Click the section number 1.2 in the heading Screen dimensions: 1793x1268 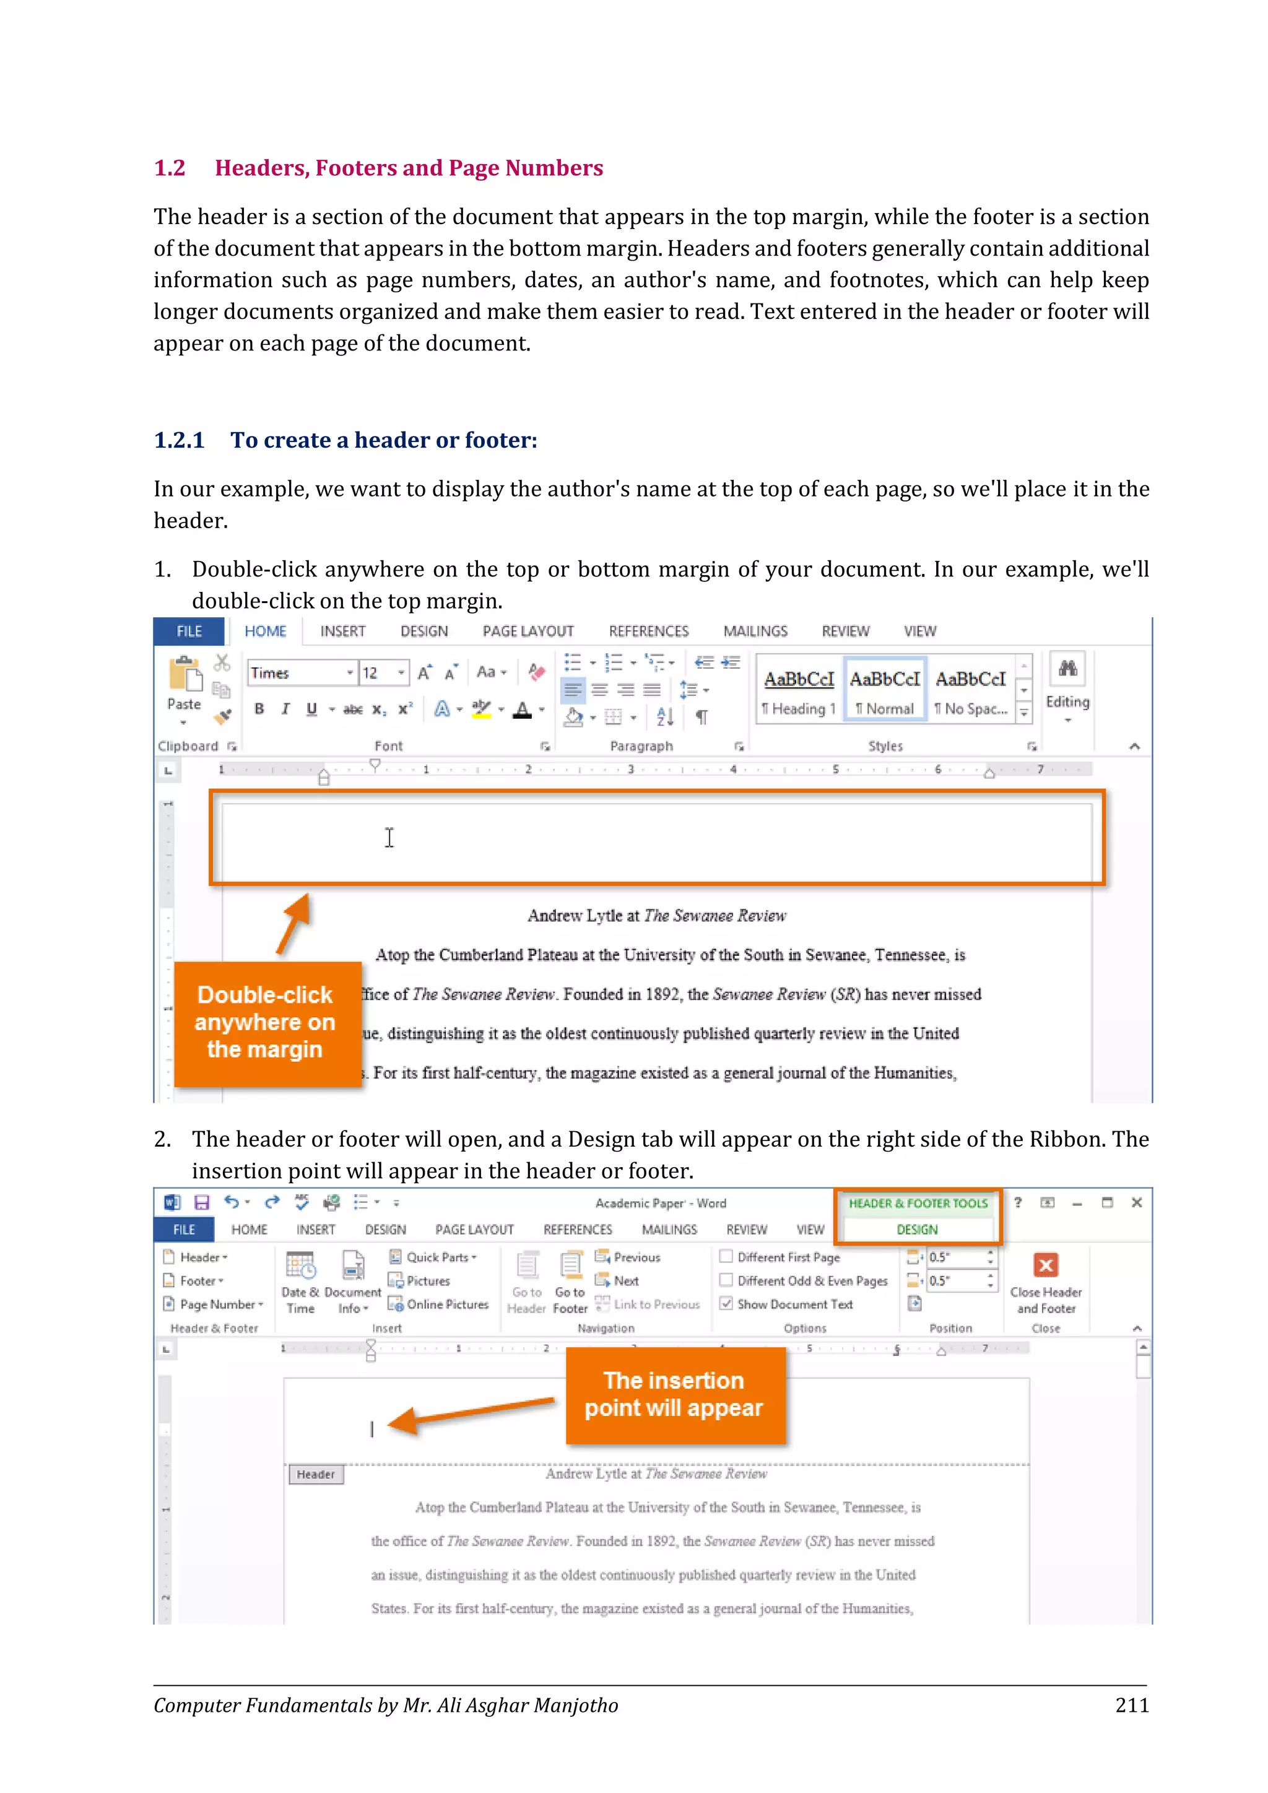pos(170,168)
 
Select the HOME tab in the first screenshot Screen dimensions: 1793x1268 pos(266,631)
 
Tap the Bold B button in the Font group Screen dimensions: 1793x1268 pos(259,709)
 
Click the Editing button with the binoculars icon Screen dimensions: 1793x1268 pos(1067,684)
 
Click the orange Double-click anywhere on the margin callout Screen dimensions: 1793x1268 pos(266,1022)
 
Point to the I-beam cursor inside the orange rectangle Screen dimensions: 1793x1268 pos(389,838)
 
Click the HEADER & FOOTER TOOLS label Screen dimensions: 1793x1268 pos(918,1204)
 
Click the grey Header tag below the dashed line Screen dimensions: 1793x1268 pos(315,1474)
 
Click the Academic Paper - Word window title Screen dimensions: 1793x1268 pos(661,1204)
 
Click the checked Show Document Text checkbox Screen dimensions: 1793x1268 pos(726,1304)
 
